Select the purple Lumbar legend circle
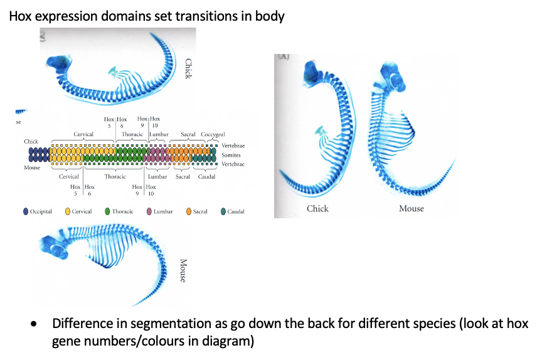tap(149, 211)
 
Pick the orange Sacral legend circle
tap(186, 211)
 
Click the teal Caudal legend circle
tap(223, 211)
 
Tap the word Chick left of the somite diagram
tap(31, 142)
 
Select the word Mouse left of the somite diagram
tap(33, 167)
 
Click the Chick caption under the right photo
tap(317, 208)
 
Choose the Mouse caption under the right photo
tap(412, 208)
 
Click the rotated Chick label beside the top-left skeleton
tap(188, 68)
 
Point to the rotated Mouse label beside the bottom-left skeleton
tap(183, 270)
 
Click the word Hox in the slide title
tap(21, 16)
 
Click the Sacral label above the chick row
tap(188, 135)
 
